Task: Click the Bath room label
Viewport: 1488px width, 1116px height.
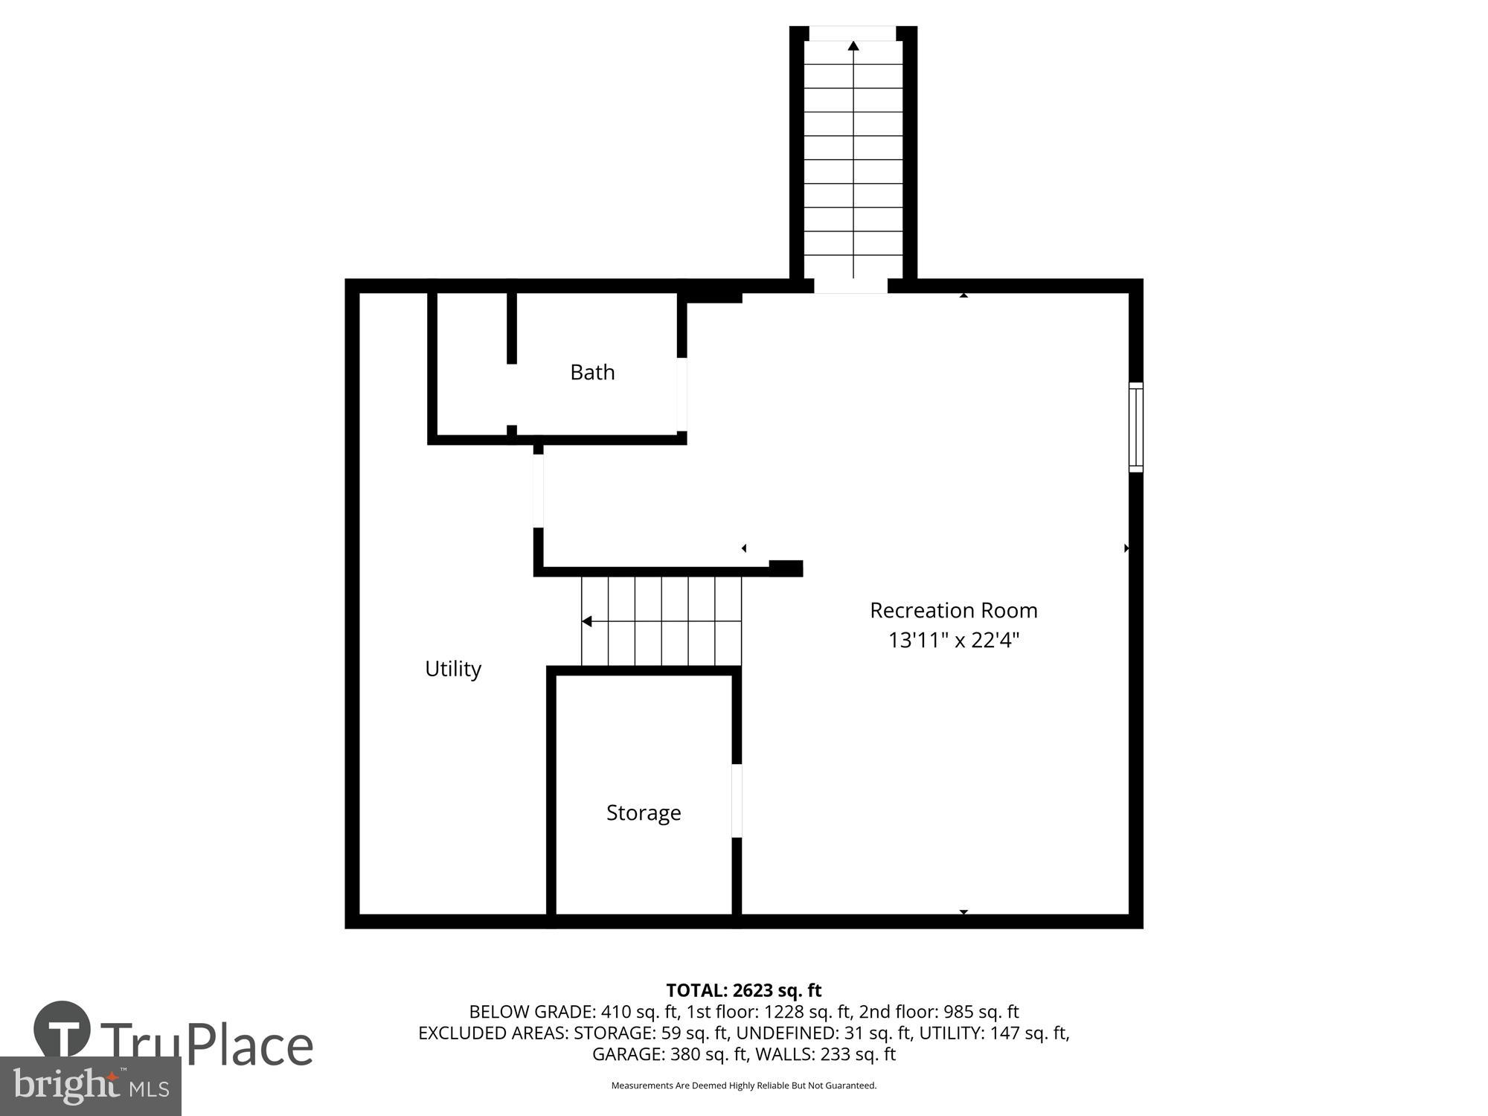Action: click(592, 372)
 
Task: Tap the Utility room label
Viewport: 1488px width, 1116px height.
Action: click(452, 669)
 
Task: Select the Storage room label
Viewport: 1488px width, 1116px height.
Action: click(644, 812)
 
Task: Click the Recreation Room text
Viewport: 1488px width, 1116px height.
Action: click(953, 610)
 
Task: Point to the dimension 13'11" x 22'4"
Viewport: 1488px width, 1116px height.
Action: click(953, 640)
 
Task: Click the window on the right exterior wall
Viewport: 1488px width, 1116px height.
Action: click(1135, 427)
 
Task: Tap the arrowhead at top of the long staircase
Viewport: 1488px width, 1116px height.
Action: click(853, 46)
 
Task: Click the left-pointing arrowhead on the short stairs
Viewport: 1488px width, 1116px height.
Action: click(586, 621)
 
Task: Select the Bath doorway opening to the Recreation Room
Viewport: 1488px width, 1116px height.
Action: click(682, 394)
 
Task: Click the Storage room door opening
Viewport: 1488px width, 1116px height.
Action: click(737, 801)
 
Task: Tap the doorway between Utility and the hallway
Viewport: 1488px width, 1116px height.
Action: click(538, 491)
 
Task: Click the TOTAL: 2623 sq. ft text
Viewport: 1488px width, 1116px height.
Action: click(743, 990)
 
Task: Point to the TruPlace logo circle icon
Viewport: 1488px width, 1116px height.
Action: click(62, 1030)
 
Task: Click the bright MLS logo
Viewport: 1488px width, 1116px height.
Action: click(90, 1086)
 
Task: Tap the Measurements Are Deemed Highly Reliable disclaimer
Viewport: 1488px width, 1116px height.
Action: click(743, 1085)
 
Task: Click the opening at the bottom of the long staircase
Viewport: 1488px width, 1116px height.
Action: click(850, 286)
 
